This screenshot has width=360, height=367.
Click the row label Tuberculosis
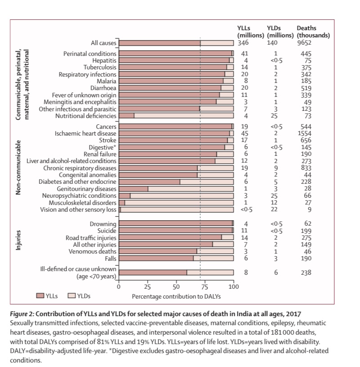pyautogui.click(x=99, y=67)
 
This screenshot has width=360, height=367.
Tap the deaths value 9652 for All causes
pyautogui.click(x=304, y=43)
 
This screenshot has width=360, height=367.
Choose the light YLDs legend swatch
pyautogui.click(x=71, y=296)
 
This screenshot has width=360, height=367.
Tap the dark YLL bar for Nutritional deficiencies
pyautogui.click(x=126, y=116)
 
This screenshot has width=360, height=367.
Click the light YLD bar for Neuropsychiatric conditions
pyautogui.click(x=182, y=196)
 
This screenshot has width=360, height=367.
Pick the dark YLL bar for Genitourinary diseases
pyautogui.click(x=133, y=189)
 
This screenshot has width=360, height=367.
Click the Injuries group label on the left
pyautogui.click(x=19, y=242)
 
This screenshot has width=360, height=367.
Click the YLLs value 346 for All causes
pyautogui.click(x=243, y=43)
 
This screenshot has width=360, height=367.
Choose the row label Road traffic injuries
pyautogui.click(x=92, y=237)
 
